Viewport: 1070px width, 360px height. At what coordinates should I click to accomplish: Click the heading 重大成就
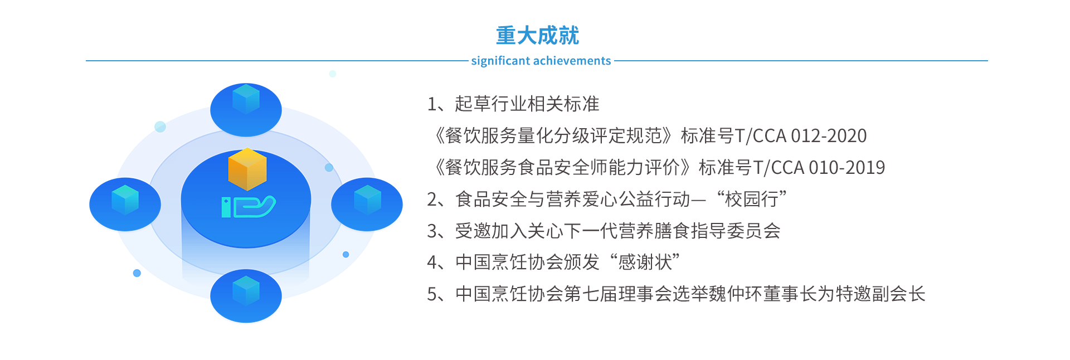click(537, 36)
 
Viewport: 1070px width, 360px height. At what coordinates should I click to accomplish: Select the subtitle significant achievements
click(541, 61)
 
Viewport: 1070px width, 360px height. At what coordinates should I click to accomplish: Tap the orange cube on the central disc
click(247, 169)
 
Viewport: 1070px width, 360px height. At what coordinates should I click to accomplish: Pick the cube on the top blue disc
click(246, 99)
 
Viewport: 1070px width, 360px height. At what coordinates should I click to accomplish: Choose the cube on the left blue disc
click(125, 200)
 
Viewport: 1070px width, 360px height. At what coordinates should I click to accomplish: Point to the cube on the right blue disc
click(367, 200)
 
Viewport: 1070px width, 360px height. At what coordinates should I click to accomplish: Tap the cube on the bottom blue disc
click(246, 290)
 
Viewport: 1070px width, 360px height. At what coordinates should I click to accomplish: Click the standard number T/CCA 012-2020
click(801, 136)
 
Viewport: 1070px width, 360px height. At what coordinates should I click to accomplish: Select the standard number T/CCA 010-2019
click(819, 168)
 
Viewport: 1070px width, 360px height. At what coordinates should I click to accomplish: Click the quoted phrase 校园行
click(751, 199)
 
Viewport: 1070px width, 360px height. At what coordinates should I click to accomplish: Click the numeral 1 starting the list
click(432, 104)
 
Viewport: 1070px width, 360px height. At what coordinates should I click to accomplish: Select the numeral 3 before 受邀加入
click(432, 231)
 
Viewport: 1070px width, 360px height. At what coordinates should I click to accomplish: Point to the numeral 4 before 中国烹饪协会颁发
click(432, 262)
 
